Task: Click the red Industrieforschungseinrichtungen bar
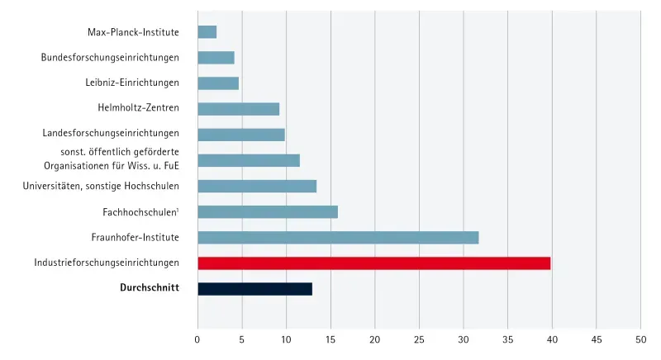click(373, 263)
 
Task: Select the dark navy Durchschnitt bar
click(254, 289)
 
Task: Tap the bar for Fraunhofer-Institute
click(338, 238)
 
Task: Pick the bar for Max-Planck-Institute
click(207, 32)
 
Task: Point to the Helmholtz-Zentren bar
click(238, 109)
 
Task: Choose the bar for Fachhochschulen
click(268, 212)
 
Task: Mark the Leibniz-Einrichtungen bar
click(218, 83)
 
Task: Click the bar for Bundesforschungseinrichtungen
click(216, 58)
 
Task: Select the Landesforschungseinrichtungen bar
click(241, 135)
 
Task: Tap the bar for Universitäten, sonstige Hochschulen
click(257, 187)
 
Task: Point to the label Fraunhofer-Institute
click(136, 238)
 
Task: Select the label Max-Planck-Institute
click(133, 32)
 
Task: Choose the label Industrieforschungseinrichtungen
click(107, 263)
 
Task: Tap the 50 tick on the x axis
click(640, 339)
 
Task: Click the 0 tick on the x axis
click(197, 339)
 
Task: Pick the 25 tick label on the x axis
click(419, 339)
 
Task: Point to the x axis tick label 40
click(552, 339)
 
